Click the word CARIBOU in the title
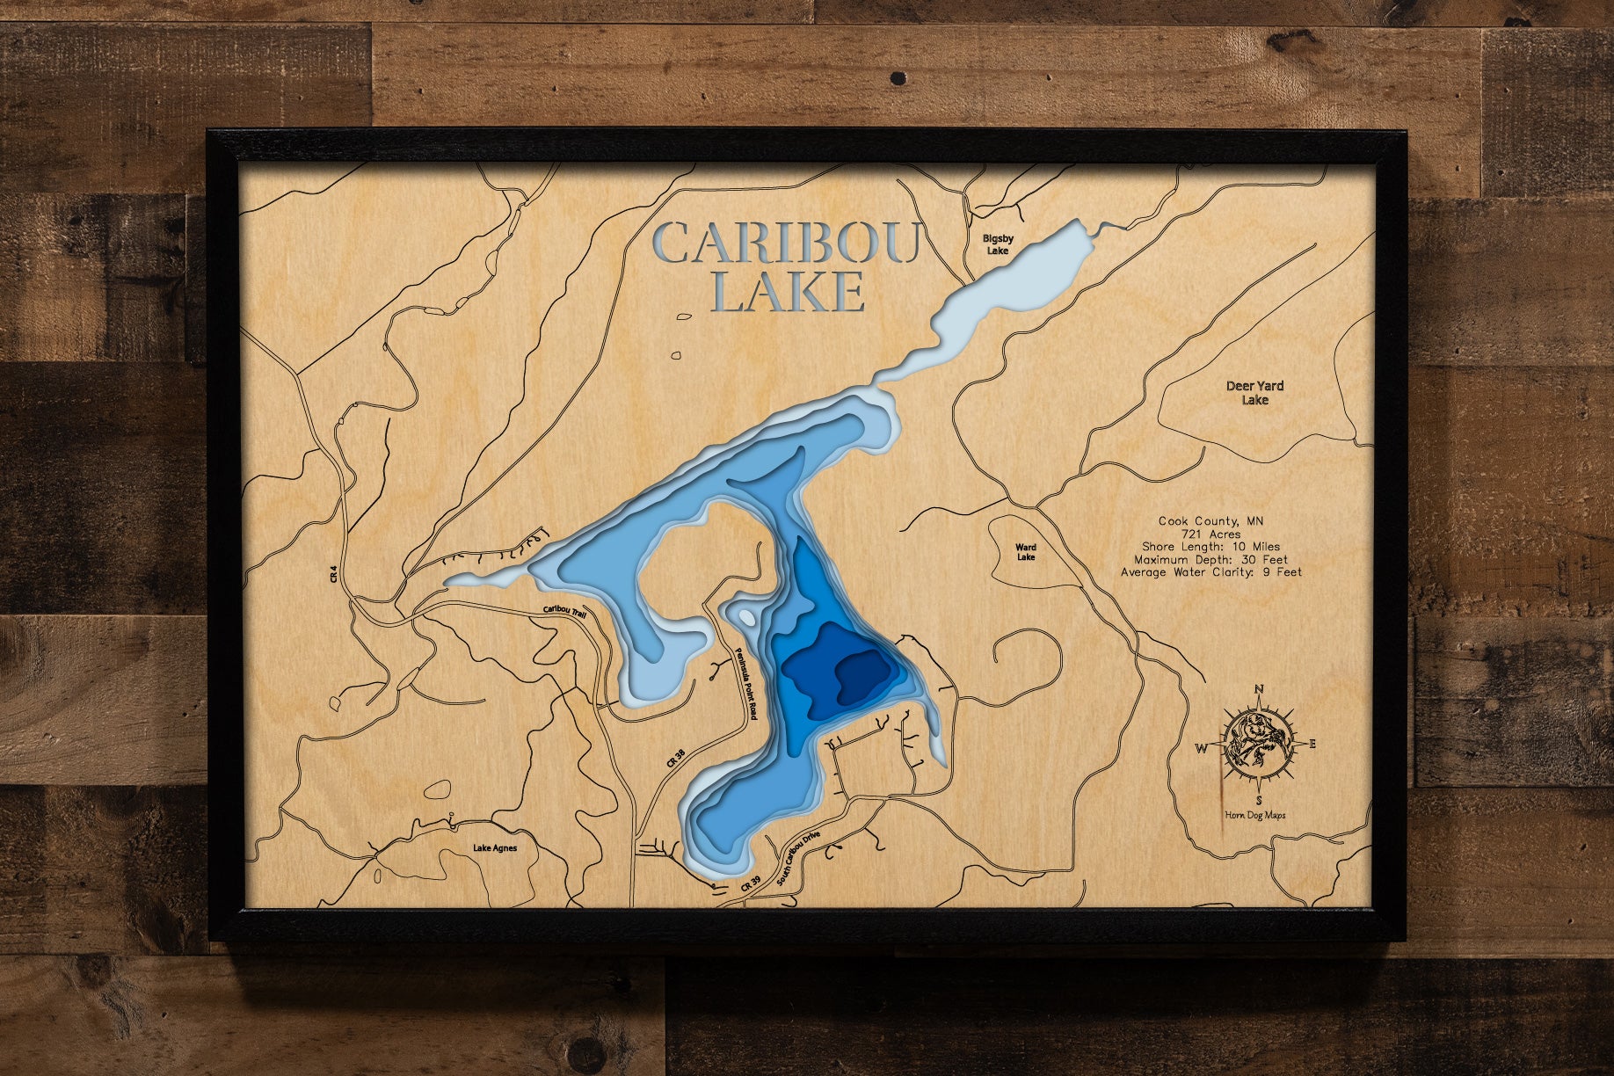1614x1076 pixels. [x=787, y=244]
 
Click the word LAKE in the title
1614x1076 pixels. [x=787, y=292]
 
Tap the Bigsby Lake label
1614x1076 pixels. [x=998, y=244]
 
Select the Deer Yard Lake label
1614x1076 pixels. [x=1254, y=393]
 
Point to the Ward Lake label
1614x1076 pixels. [x=1026, y=552]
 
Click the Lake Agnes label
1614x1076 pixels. [x=495, y=848]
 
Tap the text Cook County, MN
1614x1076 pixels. [x=1210, y=520]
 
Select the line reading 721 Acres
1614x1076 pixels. [x=1211, y=534]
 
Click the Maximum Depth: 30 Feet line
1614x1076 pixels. [x=1210, y=559]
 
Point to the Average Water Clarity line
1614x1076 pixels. [x=1210, y=572]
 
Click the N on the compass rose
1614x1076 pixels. [x=1259, y=689]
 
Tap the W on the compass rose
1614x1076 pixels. [x=1201, y=749]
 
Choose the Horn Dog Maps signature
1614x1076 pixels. [x=1255, y=815]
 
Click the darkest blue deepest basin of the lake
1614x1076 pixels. [x=862, y=677]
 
